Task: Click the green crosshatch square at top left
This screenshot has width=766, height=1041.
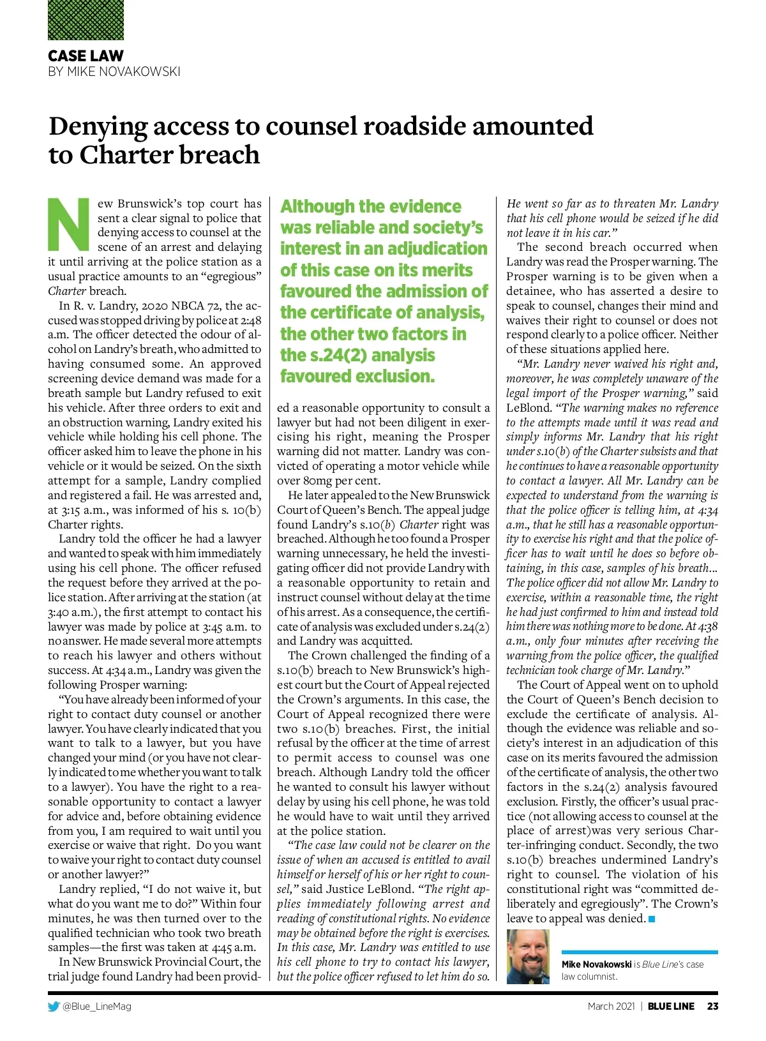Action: [86, 20]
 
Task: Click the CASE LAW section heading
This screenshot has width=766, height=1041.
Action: [86, 56]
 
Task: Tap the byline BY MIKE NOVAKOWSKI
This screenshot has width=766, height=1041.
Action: [114, 71]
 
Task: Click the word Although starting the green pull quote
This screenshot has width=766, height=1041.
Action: [317, 207]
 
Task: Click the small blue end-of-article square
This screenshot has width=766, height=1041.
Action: [652, 919]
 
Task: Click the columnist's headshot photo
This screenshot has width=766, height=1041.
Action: [527, 956]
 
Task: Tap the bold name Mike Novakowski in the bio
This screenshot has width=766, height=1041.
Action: [596, 964]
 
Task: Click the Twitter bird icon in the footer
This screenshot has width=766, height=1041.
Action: [54, 1007]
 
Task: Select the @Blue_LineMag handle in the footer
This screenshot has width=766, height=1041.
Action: [96, 1007]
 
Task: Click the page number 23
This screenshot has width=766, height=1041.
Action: [712, 1007]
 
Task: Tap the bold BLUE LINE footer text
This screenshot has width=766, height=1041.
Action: [671, 1007]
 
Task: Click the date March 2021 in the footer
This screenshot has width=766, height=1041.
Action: [611, 1007]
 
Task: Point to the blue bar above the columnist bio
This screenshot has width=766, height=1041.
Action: [639, 952]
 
